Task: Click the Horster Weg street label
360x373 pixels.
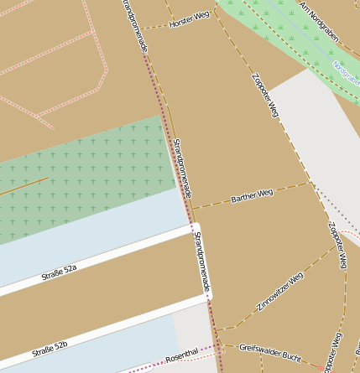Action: point(189,19)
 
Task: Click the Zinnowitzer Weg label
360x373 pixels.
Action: point(279,292)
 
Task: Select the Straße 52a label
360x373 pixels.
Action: point(59,272)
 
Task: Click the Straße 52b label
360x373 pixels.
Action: point(50,349)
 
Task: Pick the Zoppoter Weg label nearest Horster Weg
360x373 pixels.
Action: point(264,94)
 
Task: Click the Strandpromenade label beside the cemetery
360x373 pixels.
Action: point(182,168)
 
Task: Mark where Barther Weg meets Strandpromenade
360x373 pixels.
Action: point(192,207)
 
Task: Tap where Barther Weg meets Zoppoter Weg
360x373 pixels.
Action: point(311,183)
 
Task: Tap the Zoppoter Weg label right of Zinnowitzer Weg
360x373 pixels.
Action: point(337,245)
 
